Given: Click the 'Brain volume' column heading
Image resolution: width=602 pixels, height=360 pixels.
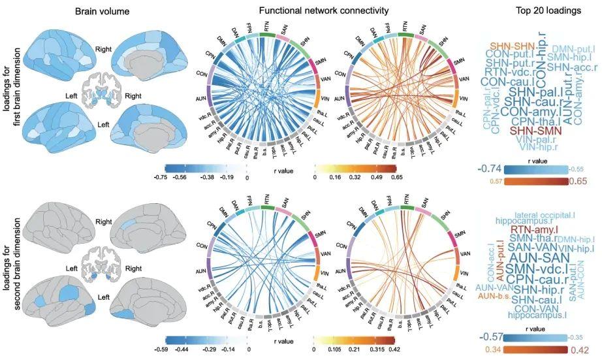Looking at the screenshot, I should tap(102, 12).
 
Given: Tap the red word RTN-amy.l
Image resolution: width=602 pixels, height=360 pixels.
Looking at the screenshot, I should tap(530, 229).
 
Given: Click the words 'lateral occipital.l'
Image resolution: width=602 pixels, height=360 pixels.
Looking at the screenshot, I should tap(545, 214).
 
